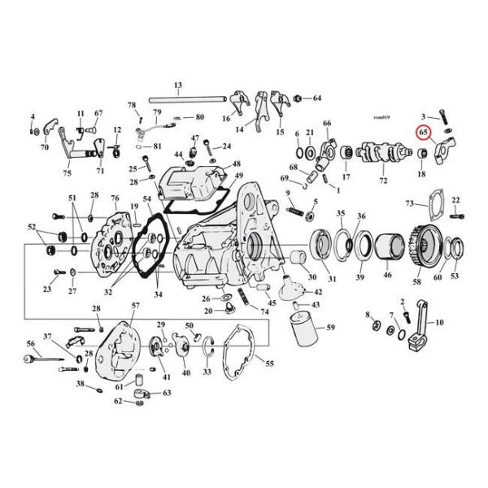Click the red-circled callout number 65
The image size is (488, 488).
pyautogui.click(x=423, y=133)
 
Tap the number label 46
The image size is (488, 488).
pyautogui.click(x=387, y=277)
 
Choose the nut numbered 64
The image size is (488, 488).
pyautogui.click(x=299, y=98)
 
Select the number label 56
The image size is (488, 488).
pyautogui.click(x=30, y=343)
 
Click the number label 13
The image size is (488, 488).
pyautogui.click(x=176, y=85)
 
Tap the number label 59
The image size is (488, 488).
pyautogui.click(x=330, y=329)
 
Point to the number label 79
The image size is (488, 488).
pyautogui.click(x=156, y=111)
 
